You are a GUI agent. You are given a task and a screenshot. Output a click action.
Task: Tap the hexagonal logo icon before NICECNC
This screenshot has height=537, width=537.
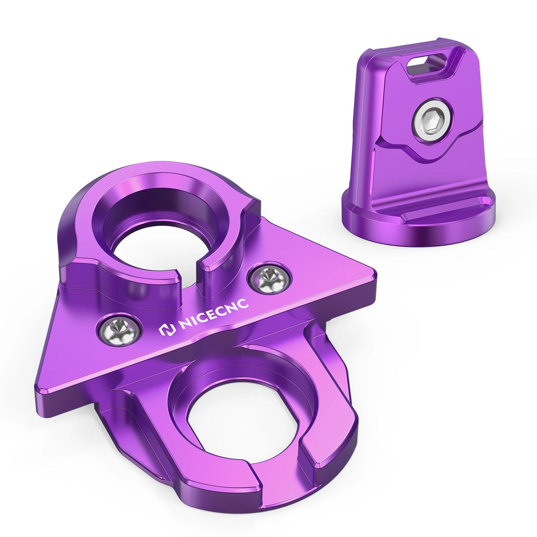166,330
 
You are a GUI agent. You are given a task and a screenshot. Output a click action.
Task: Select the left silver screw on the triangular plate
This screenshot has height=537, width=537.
119,330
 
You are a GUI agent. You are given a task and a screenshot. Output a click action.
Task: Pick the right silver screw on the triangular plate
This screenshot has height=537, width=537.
270,278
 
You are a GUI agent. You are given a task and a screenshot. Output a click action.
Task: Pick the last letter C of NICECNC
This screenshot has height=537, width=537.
244,306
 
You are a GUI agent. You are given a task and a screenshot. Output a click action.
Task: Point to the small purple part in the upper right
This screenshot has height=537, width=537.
420,142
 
